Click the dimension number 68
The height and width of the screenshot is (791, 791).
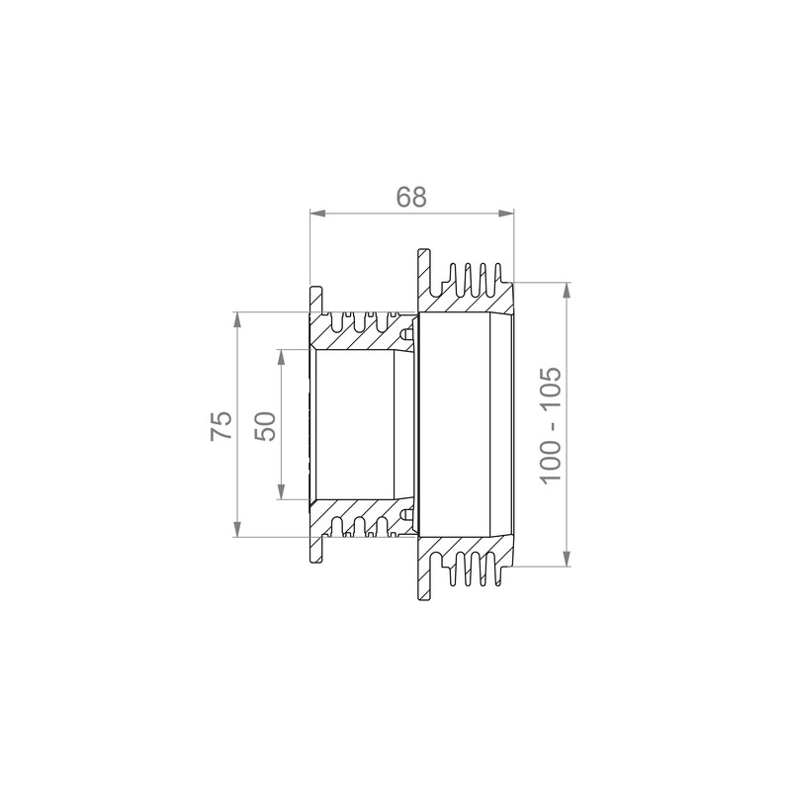point(411,197)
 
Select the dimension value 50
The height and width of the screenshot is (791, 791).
point(265,425)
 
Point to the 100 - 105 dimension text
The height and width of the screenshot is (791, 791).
point(551,425)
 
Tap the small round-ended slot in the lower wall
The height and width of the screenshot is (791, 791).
point(406,514)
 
